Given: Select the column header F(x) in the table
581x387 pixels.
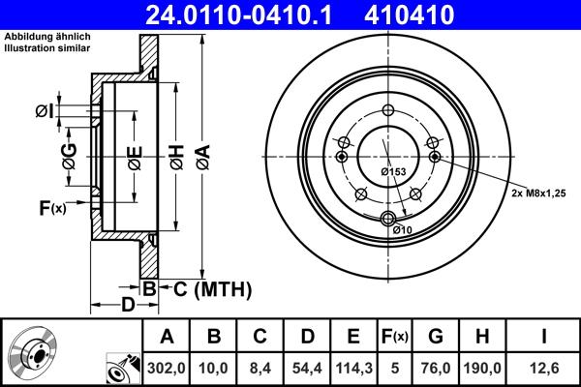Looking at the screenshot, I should pos(394,336).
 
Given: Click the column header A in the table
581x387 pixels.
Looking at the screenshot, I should pos(166,336).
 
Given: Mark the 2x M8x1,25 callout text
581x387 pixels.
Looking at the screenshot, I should pos(539,193).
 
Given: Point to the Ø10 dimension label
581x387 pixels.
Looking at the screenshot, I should pos(404,229).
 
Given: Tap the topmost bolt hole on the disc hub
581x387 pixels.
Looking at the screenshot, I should pos(387,109).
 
